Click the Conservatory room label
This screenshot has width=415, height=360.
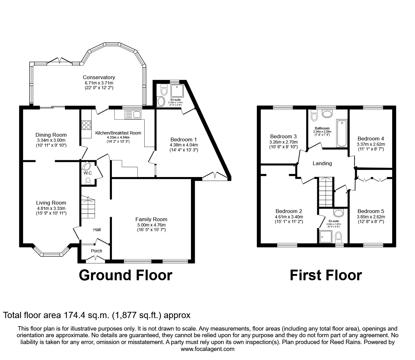pos(99,77)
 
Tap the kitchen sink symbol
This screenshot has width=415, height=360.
pos(133,115)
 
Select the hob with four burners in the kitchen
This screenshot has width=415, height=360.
pos(86,125)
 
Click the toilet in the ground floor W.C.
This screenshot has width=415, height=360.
pos(88,180)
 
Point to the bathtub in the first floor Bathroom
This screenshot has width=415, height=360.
pos(342,133)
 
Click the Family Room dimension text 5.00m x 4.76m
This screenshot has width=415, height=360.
pos(151,225)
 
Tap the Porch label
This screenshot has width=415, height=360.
pos(96,251)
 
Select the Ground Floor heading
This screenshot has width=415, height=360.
pos(125,275)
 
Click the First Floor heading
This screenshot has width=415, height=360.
pos(326,275)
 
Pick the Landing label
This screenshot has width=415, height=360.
pos(322,163)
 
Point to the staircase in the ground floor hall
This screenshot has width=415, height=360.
pos(88,207)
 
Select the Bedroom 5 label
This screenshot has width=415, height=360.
pos(371,211)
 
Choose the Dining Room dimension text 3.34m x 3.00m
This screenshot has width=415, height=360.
pos(51,140)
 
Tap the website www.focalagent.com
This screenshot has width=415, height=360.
pos(207,349)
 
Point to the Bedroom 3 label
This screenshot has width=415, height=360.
pos(283,136)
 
